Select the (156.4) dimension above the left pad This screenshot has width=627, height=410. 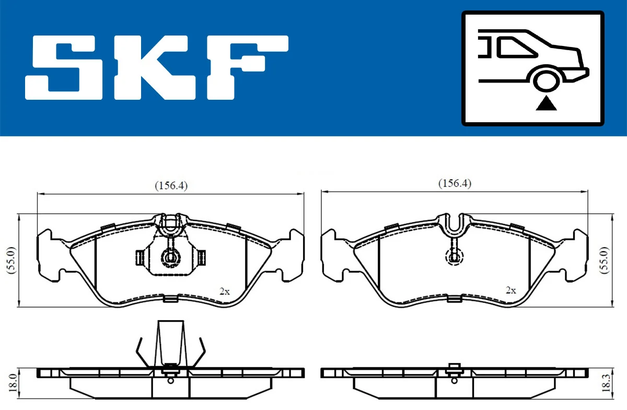(x=170, y=185)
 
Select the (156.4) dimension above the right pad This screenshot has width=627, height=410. (x=454, y=183)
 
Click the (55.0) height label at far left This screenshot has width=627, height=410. (x=9, y=260)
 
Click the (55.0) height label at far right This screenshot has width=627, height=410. (x=605, y=260)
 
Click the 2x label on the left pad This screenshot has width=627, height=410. (x=225, y=291)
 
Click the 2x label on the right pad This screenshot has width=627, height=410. (x=510, y=290)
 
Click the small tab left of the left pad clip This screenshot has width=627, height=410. (x=139, y=256)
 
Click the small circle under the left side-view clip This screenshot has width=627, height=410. (x=170, y=380)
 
